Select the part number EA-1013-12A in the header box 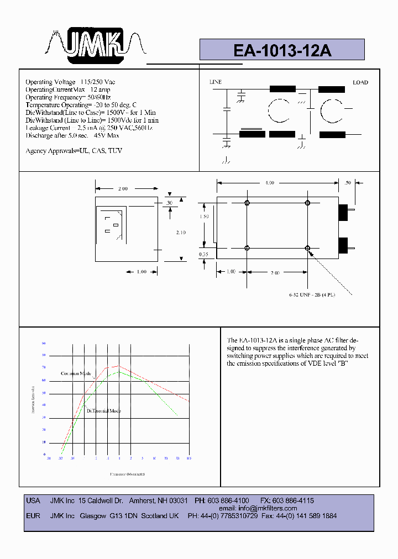282,50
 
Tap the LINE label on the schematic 216,82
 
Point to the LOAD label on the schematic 360,83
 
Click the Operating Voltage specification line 70,82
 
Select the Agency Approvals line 74,151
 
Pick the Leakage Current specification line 89,128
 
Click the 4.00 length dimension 270,183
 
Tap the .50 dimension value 347,183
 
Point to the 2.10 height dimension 181,233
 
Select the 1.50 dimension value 204,217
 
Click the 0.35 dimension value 204,255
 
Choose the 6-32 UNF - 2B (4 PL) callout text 312,295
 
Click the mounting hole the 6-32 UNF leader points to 308,249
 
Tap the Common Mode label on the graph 76,373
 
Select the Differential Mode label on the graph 103,410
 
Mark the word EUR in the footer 33,516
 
